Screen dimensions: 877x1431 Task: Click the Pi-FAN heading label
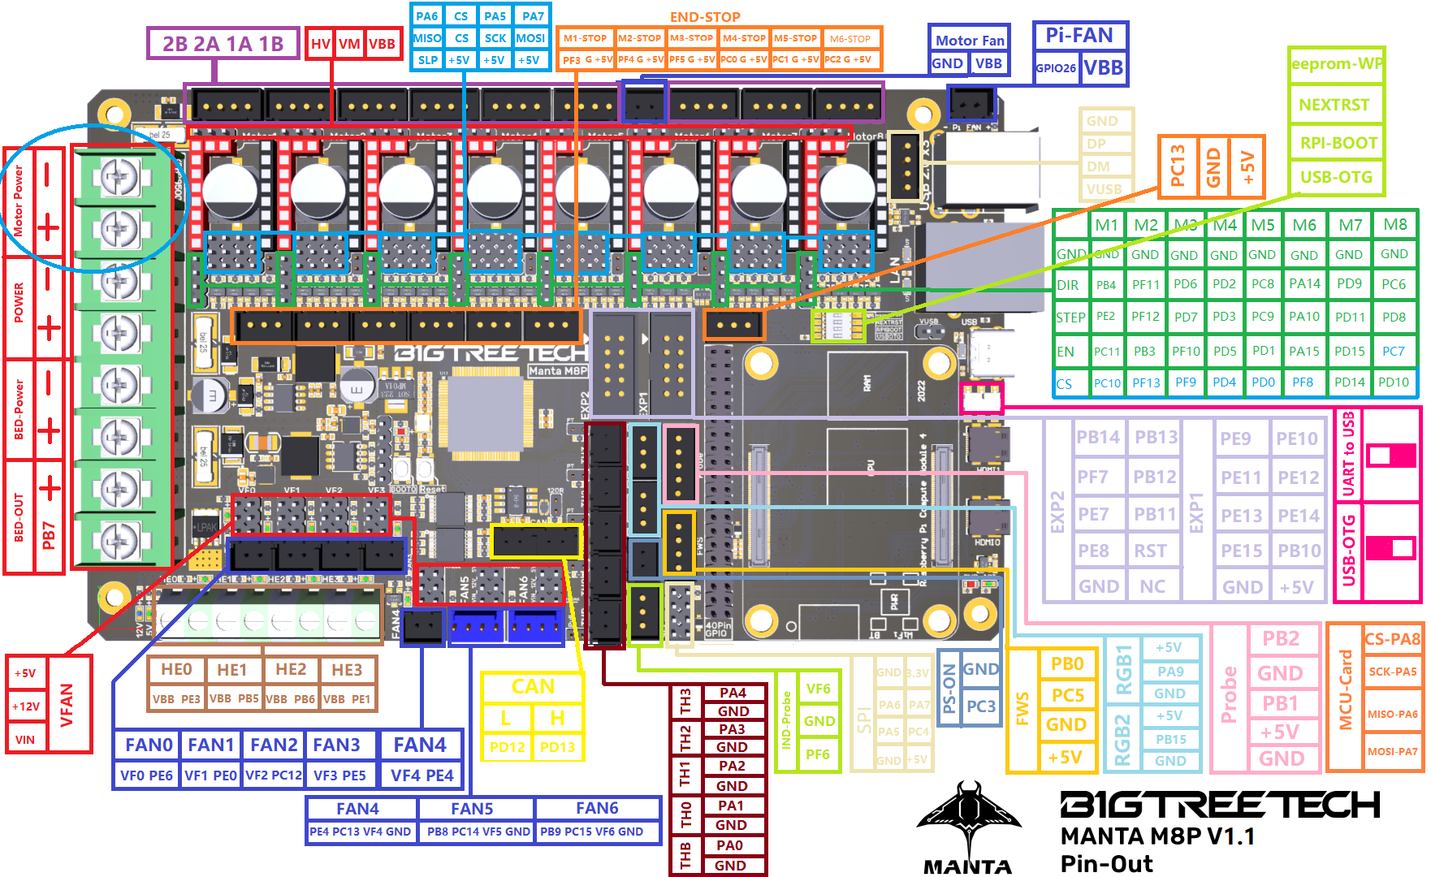click(x=1079, y=36)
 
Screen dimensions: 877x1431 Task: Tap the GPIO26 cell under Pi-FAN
click(x=1056, y=68)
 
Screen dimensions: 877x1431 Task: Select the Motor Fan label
click(x=970, y=40)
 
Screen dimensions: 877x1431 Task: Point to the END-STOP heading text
click(x=705, y=17)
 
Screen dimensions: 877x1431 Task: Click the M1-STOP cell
click(x=585, y=38)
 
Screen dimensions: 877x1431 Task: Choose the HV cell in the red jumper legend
click(x=321, y=44)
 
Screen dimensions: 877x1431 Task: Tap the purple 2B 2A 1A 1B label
click(x=223, y=44)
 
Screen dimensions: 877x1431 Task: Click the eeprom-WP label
click(x=1337, y=64)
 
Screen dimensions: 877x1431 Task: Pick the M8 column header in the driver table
click(x=1395, y=224)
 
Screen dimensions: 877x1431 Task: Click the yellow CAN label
click(x=533, y=687)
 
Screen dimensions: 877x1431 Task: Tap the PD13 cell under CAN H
click(x=557, y=746)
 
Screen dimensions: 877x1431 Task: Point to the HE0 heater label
click(x=176, y=669)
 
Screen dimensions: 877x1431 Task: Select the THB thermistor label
click(x=685, y=854)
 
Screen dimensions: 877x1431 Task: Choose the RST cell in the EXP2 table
click(x=1150, y=551)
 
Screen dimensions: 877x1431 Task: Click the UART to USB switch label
click(x=1348, y=454)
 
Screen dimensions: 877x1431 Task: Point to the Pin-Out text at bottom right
click(x=1106, y=863)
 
